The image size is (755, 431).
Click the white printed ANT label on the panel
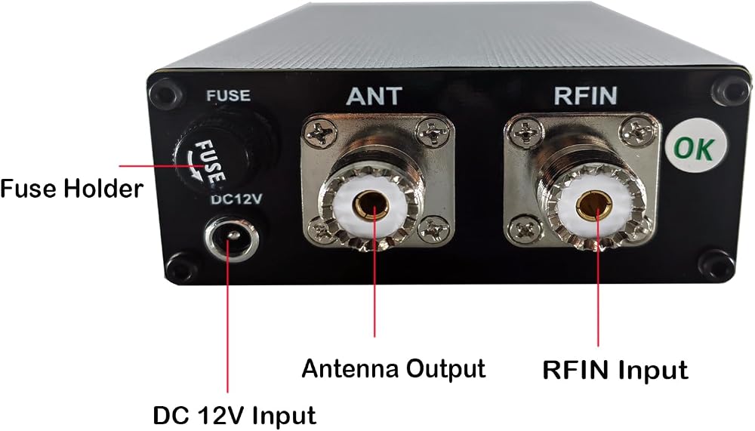374,96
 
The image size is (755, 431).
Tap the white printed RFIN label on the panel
585,95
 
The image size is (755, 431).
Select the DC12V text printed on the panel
236,199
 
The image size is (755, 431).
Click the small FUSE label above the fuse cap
228,95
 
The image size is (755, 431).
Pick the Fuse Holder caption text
72,188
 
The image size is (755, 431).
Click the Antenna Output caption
393,369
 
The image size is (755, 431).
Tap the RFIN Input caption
615,371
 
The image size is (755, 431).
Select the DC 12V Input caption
235,416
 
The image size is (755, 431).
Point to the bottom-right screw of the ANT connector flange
434,228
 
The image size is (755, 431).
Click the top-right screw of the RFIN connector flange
637,131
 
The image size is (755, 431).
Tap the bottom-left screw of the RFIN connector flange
522,229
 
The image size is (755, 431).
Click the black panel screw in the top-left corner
166,94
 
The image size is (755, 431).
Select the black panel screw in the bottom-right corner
716,266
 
